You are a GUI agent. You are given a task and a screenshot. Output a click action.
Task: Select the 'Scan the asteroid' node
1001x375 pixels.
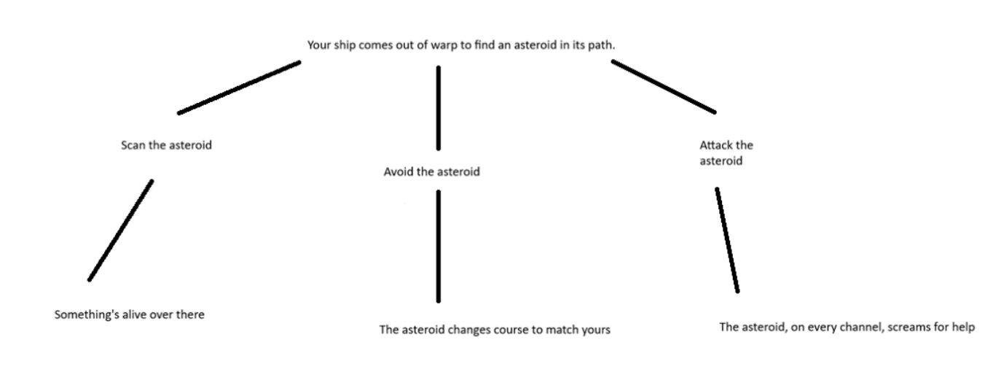point(166,145)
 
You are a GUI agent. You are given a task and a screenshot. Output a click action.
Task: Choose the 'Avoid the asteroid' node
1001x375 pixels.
point(431,173)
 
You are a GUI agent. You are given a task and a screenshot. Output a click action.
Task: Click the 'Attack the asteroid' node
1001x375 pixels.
point(726,153)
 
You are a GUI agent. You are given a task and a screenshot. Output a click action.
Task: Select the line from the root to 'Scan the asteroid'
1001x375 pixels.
point(239,88)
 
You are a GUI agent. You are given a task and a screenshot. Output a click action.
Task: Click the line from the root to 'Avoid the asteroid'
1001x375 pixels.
point(439,107)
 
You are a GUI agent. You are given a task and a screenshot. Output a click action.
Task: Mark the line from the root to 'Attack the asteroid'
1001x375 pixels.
point(663,87)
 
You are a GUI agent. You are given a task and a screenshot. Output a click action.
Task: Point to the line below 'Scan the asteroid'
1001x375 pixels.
point(121,230)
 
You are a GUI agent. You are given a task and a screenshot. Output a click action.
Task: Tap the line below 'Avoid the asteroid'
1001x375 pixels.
point(439,246)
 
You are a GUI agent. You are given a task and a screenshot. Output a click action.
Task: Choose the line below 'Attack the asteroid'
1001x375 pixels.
point(727,240)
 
